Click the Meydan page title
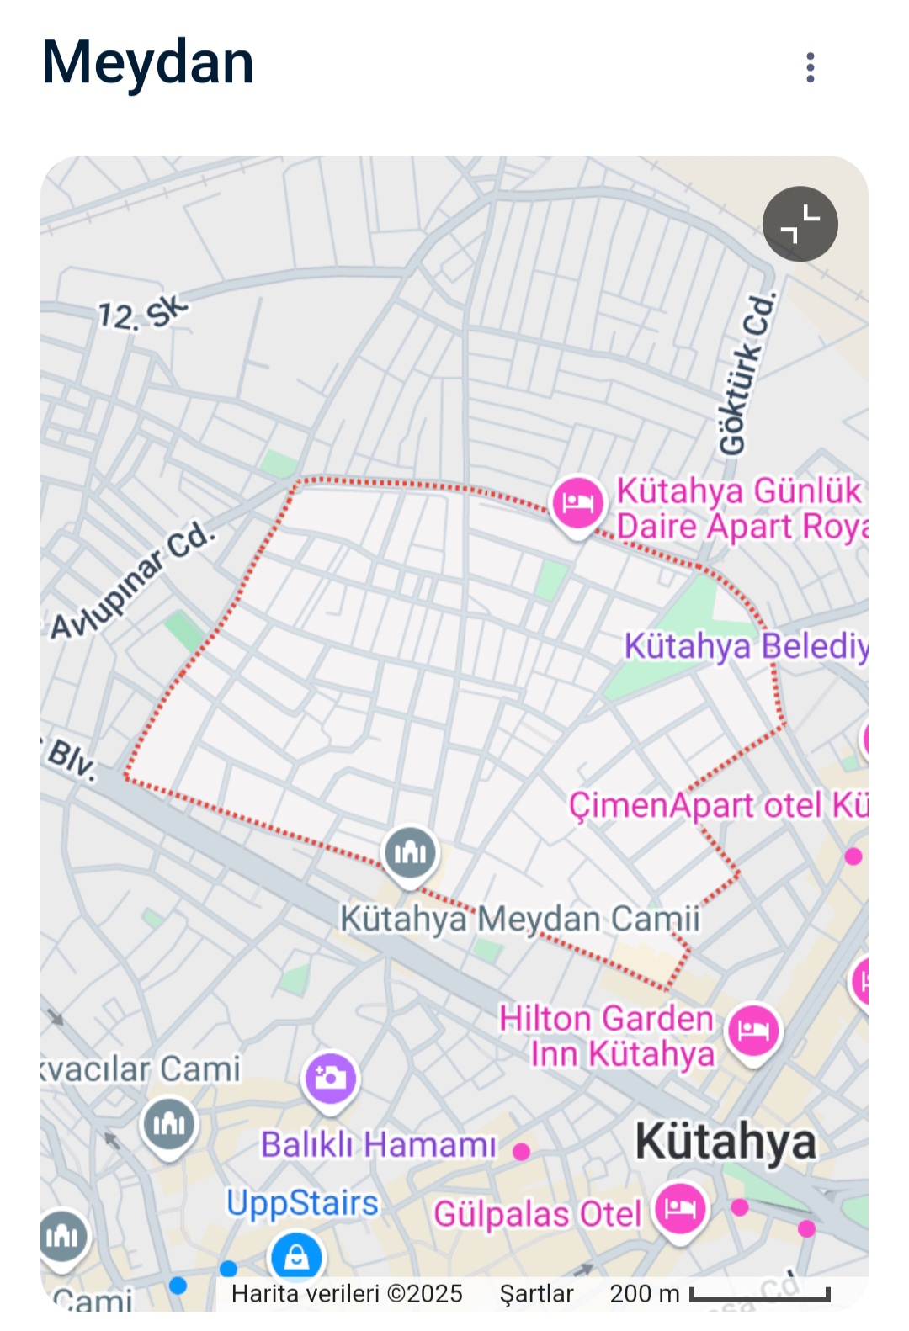point(148,63)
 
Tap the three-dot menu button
point(810,67)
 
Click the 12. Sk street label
point(141,314)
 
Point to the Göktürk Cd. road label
point(746,374)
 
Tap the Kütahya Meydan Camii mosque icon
point(410,852)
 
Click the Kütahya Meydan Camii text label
point(519,918)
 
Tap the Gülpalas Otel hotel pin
point(680,1209)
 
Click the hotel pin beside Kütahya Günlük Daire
point(577,502)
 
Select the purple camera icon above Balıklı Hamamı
point(330,1078)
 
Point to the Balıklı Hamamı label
point(378,1144)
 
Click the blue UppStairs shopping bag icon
point(295,1257)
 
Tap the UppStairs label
point(302,1203)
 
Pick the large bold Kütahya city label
point(726,1142)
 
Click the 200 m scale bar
point(759,1294)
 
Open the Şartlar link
point(536,1294)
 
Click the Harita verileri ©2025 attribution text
point(347,1294)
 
